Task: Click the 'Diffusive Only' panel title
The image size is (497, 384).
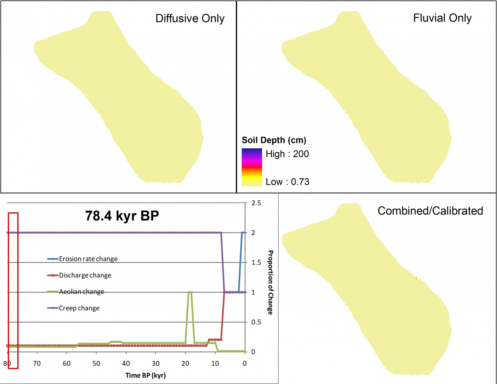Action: click(x=190, y=19)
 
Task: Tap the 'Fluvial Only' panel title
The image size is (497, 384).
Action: click(x=442, y=18)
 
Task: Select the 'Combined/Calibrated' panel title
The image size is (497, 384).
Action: click(x=430, y=211)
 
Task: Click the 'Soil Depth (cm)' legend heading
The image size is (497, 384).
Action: click(x=274, y=140)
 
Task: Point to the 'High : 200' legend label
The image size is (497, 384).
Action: click(x=287, y=154)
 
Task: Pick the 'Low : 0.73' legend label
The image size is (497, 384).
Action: click(x=287, y=182)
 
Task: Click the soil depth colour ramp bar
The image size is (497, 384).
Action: click(x=252, y=167)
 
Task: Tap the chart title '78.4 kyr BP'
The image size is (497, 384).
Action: click(x=122, y=216)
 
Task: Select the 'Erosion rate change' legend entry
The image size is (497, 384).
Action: click(x=88, y=259)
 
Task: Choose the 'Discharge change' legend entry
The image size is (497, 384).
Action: click(x=85, y=275)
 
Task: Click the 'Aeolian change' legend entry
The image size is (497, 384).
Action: click(x=81, y=292)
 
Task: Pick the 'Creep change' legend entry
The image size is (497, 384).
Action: click(x=79, y=308)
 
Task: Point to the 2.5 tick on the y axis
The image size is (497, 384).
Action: click(x=256, y=203)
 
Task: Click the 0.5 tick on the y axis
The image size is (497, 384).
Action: click(x=256, y=322)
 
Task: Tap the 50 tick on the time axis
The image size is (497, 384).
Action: click(x=96, y=364)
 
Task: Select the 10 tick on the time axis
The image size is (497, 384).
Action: click(x=215, y=364)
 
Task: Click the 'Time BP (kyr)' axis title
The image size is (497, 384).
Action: click(x=145, y=375)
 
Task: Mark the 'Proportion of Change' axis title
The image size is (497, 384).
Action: click(x=271, y=282)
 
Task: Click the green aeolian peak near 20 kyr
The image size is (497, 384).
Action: click(x=190, y=292)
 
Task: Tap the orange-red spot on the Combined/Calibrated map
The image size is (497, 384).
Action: click(x=416, y=279)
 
